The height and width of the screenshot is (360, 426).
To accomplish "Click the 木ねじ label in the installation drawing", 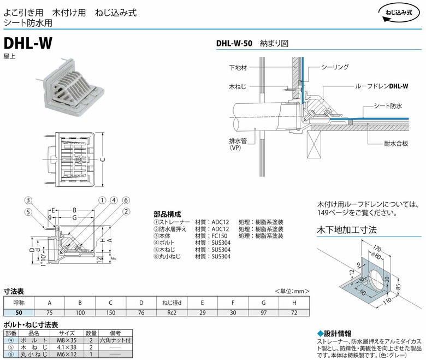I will pos(238,86).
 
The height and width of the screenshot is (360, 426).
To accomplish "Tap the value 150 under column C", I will pos(110,312).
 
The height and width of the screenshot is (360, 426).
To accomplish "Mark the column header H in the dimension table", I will pos(294,302).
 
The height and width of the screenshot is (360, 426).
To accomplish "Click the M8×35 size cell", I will pos(67,339).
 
